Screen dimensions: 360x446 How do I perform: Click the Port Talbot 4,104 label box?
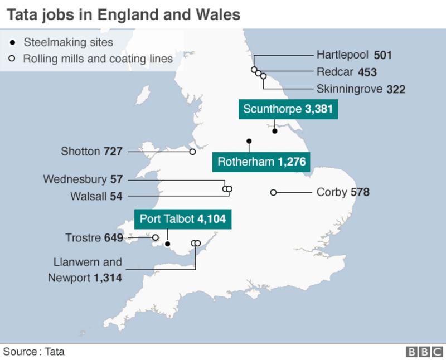tap(183, 219)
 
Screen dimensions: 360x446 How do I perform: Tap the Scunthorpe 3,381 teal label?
tap(288, 109)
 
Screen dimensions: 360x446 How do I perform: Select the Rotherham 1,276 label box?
tap(260, 162)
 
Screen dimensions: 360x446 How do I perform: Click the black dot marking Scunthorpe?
tap(275, 131)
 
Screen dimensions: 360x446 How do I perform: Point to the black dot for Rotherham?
tap(249, 141)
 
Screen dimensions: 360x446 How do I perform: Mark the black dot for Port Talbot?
tap(167, 244)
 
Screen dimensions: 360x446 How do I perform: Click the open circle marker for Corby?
tap(273, 192)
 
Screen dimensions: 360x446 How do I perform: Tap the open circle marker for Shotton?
tap(192, 151)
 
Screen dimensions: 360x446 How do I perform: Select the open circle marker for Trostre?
tap(156, 238)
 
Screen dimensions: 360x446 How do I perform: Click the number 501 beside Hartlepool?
tap(383, 55)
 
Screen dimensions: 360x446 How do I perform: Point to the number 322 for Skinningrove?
tap(396, 89)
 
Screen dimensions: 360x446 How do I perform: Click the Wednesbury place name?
tap(75, 179)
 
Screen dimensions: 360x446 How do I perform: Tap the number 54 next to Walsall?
tap(116, 196)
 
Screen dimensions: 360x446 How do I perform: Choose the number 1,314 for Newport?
tap(108, 278)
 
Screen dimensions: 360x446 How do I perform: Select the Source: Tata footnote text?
tap(33, 352)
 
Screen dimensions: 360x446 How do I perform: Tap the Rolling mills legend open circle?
tap(12, 59)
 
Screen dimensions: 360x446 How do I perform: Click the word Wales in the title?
tap(217, 14)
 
